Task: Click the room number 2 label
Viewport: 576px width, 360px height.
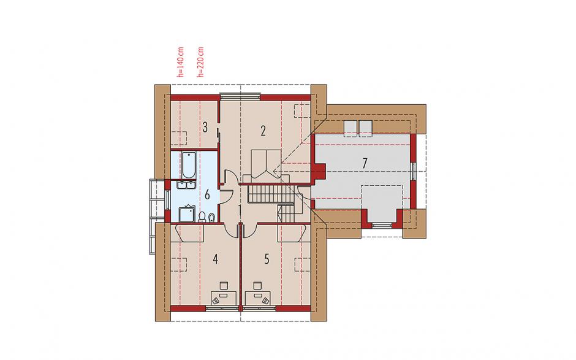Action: tap(263, 131)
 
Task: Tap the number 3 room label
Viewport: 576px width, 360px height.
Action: tap(205, 128)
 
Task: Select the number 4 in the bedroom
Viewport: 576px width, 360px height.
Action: tap(215, 259)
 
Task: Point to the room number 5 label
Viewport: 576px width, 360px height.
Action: tap(267, 259)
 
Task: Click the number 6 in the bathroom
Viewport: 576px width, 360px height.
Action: tap(207, 195)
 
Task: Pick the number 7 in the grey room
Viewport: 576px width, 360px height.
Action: tap(365, 163)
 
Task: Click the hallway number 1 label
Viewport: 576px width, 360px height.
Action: tap(240, 210)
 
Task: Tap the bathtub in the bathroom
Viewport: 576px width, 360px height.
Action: tap(189, 165)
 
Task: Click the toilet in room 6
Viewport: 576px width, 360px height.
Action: tap(202, 217)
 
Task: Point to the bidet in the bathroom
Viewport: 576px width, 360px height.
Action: tap(211, 218)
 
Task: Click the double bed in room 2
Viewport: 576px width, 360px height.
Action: tap(267, 166)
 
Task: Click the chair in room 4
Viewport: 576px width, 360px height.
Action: tap(224, 286)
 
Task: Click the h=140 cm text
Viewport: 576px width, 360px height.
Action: tap(180, 62)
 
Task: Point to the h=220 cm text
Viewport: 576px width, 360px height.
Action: tap(200, 62)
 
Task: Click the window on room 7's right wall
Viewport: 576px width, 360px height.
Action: tap(414, 171)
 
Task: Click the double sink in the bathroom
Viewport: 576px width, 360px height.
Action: tap(186, 185)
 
